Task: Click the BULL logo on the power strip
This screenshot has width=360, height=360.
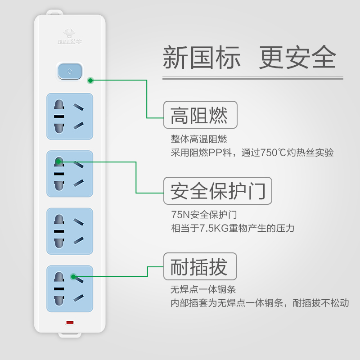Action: pos(69,36)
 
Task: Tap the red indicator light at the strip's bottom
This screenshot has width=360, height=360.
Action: pos(70,322)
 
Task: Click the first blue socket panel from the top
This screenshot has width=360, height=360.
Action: pos(70,117)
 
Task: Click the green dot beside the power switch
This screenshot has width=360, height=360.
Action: pos(90,81)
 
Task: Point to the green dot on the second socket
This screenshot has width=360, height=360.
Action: pos(58,161)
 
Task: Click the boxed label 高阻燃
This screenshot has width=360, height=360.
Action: pos(199,115)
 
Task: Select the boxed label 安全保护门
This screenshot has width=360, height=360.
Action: pos(218,191)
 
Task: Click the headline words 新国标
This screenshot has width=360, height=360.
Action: pos(202,58)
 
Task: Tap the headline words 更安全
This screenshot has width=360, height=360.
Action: pos(297,58)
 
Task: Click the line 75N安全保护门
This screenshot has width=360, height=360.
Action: pos(204,214)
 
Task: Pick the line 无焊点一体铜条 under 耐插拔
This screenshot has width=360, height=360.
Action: pos(203,289)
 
